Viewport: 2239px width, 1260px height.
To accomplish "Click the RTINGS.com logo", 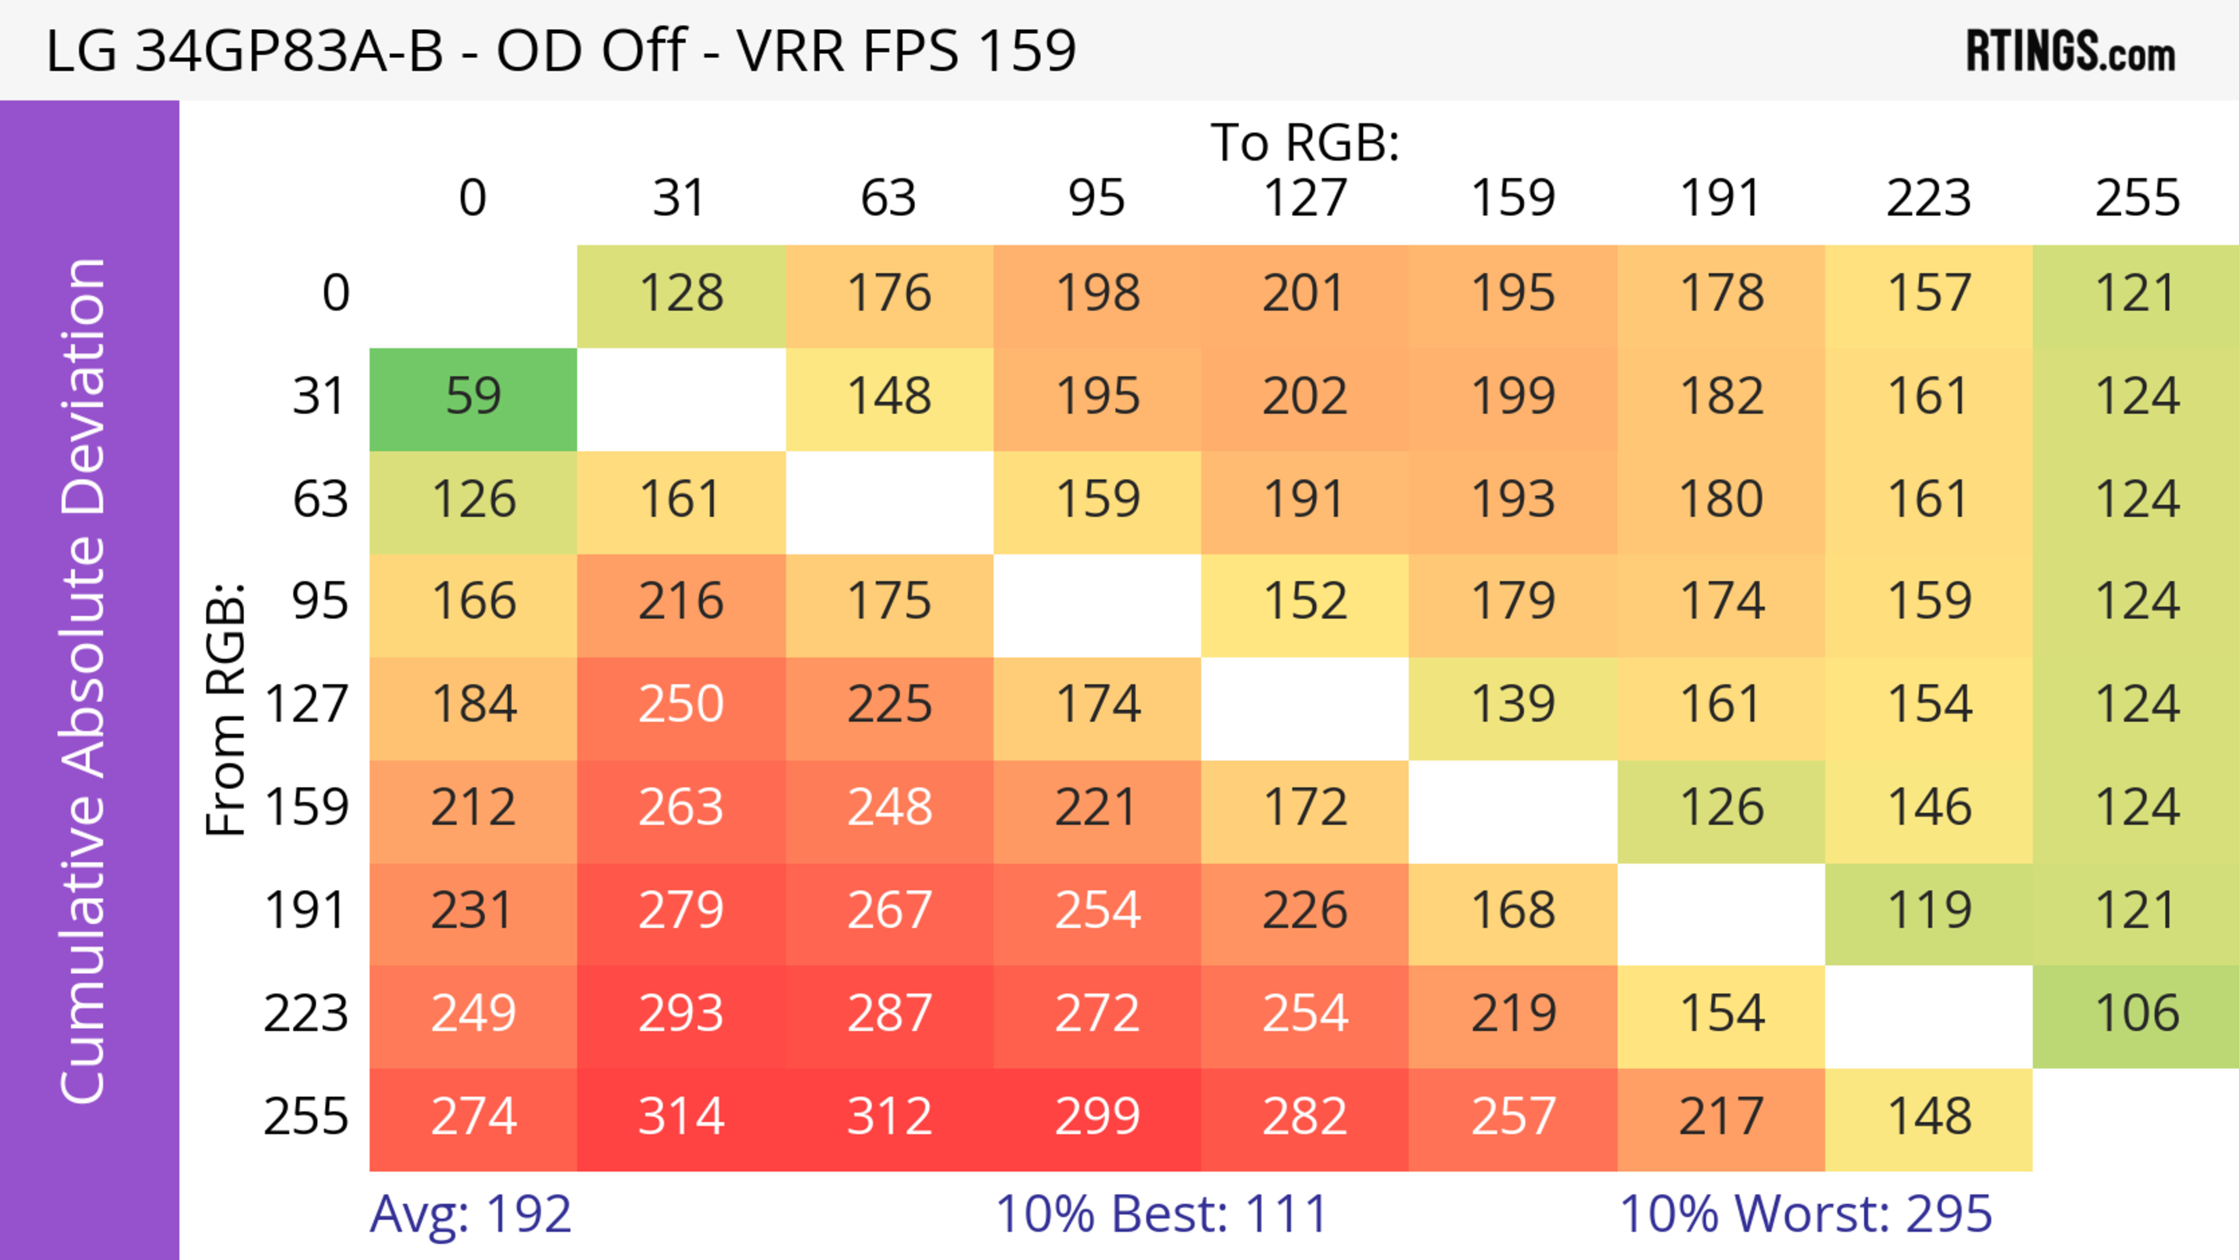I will point(2070,52).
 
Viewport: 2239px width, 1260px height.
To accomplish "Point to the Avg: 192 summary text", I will point(470,1214).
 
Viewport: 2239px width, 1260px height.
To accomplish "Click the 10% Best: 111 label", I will point(1161,1214).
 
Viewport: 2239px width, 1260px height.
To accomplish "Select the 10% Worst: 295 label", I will point(1805,1214).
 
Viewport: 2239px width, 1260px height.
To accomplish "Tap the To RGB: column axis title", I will point(1305,142).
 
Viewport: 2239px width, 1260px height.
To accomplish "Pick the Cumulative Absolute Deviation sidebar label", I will point(85,680).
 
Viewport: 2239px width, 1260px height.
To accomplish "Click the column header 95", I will point(1096,198).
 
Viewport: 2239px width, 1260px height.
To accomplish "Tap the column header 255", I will point(2136,198).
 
